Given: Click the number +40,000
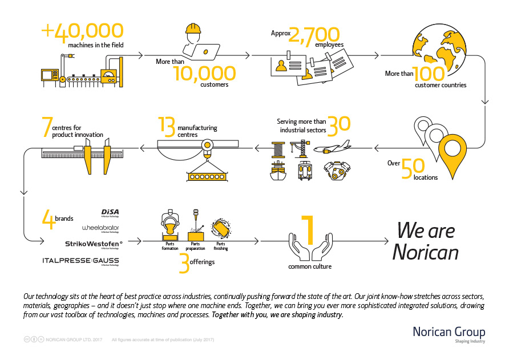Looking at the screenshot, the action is click(83, 30).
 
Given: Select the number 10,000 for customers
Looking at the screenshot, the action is click(204, 72).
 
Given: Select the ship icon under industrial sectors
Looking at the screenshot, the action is click(278, 171).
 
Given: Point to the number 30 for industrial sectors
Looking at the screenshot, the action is click(339, 125).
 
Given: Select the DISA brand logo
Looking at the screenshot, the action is click(110, 213).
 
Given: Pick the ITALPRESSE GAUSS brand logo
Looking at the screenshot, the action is click(80, 261).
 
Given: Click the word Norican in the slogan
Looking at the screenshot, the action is click(425, 252).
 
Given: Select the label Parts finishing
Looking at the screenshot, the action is click(221, 246).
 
